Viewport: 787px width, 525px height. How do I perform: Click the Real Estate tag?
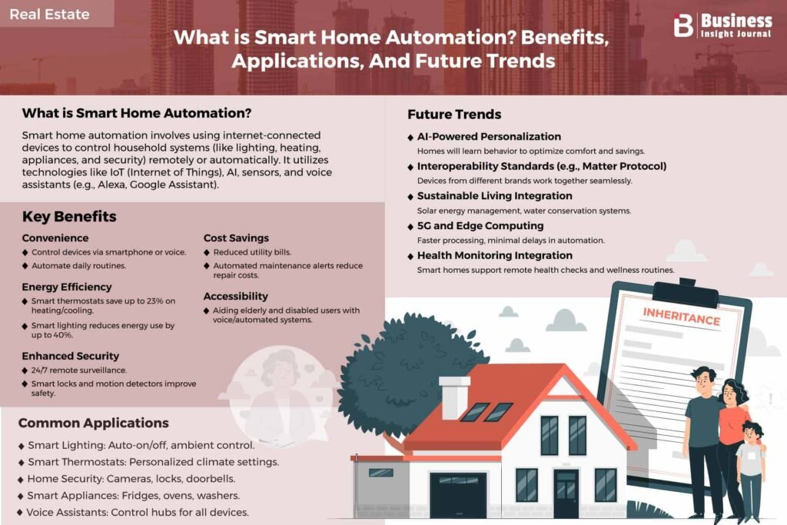pyautogui.click(x=50, y=14)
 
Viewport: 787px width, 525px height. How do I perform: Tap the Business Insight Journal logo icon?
pyautogui.click(x=683, y=25)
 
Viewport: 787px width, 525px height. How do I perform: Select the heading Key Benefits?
pyautogui.click(x=69, y=217)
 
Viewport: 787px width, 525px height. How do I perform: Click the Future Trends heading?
pyautogui.click(x=454, y=115)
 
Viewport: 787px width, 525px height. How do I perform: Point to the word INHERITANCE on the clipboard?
pyautogui.click(x=682, y=317)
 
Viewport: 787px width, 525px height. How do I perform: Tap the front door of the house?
pyautogui.click(x=566, y=494)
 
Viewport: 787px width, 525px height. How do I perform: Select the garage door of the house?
pyautogui.click(x=458, y=495)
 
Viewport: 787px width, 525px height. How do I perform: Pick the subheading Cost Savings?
pyautogui.click(x=236, y=238)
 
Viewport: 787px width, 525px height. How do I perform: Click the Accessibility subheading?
pyautogui.click(x=235, y=296)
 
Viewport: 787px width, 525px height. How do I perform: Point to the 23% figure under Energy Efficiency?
pyautogui.click(x=155, y=301)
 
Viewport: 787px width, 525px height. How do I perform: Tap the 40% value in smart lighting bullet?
pyautogui.click(x=65, y=335)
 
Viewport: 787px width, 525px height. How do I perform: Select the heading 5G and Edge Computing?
pyautogui.click(x=480, y=226)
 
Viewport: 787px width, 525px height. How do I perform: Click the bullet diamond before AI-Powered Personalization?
pyautogui.click(x=410, y=138)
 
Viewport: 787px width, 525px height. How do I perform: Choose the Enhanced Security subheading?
pyautogui.click(x=70, y=356)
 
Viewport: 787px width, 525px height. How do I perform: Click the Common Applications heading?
pyautogui.click(x=93, y=423)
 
